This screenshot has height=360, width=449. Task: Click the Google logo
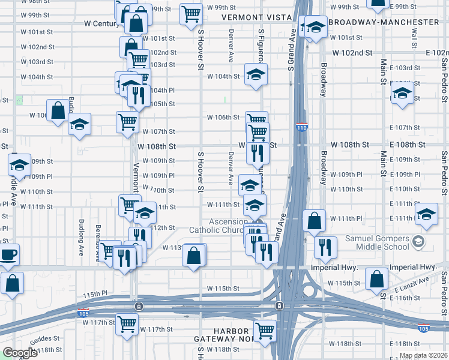20,353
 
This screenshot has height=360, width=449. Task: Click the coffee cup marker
8,254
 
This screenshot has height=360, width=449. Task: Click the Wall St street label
414,37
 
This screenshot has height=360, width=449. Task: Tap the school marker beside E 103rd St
402,94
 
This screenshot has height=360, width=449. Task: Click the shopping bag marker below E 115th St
376,279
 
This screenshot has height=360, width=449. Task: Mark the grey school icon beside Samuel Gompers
418,242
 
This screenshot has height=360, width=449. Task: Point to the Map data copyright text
423,355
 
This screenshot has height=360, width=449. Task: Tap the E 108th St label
407,145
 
